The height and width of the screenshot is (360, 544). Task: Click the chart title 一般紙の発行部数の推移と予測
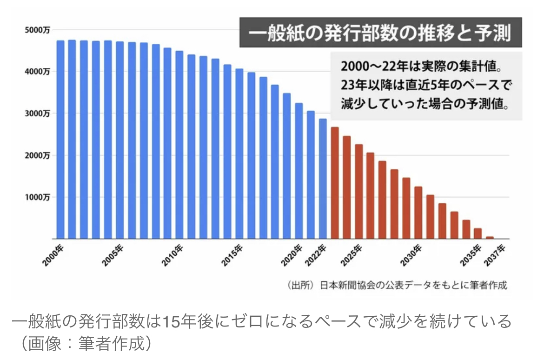pyautogui.click(x=379, y=33)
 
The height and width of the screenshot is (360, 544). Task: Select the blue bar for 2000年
pyautogui.click(x=60, y=140)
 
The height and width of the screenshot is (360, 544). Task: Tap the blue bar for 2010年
pyautogui.click(x=179, y=145)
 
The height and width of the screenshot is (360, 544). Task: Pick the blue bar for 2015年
pyautogui.click(x=239, y=153)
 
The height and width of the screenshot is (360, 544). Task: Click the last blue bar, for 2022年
pyautogui.click(x=323, y=179)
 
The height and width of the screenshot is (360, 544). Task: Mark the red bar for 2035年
pyautogui.click(x=478, y=233)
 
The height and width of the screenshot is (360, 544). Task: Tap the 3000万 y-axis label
pyautogui.click(x=38, y=113)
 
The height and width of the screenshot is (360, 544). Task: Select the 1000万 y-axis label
pyautogui.click(x=38, y=197)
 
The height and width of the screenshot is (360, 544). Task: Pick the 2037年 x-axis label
pyautogui.click(x=495, y=255)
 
